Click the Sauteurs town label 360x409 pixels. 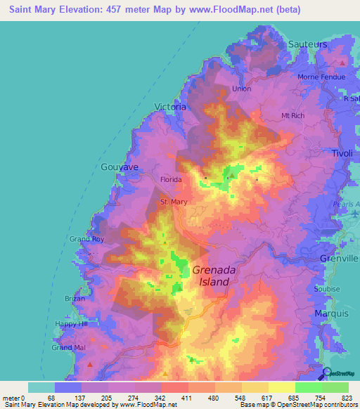click(308, 44)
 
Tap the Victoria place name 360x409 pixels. click(170, 108)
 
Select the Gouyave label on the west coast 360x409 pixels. click(119, 167)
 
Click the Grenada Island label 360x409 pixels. click(212, 275)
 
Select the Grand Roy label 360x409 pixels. click(86, 240)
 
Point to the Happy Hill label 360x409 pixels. click(72, 325)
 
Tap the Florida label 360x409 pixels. click(171, 180)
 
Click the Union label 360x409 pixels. click(241, 89)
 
